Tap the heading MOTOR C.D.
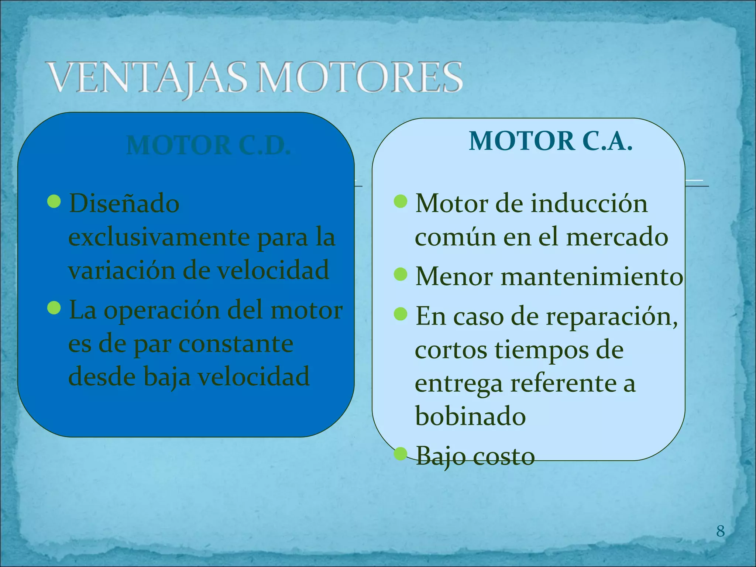click(209, 145)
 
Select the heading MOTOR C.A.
click(550, 141)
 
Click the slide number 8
click(720, 531)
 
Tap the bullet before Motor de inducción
click(401, 201)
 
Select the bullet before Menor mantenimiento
click(401, 274)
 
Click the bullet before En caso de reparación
click(401, 315)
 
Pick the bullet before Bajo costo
click(401, 454)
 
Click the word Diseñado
click(124, 203)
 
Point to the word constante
click(236, 344)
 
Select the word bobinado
click(470, 416)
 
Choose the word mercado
click(617, 237)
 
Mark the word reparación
click(612, 317)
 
